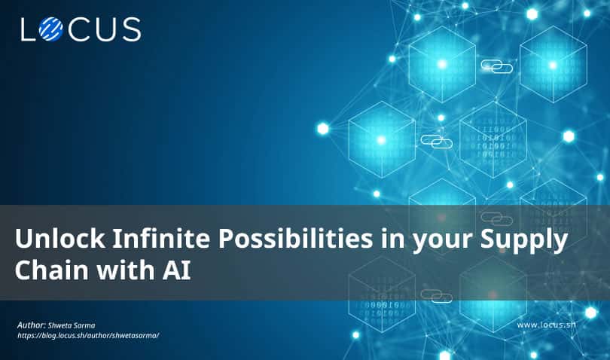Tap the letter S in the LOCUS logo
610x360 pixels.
130,29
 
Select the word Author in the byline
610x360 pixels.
32,325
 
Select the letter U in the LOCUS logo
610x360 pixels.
105,29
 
